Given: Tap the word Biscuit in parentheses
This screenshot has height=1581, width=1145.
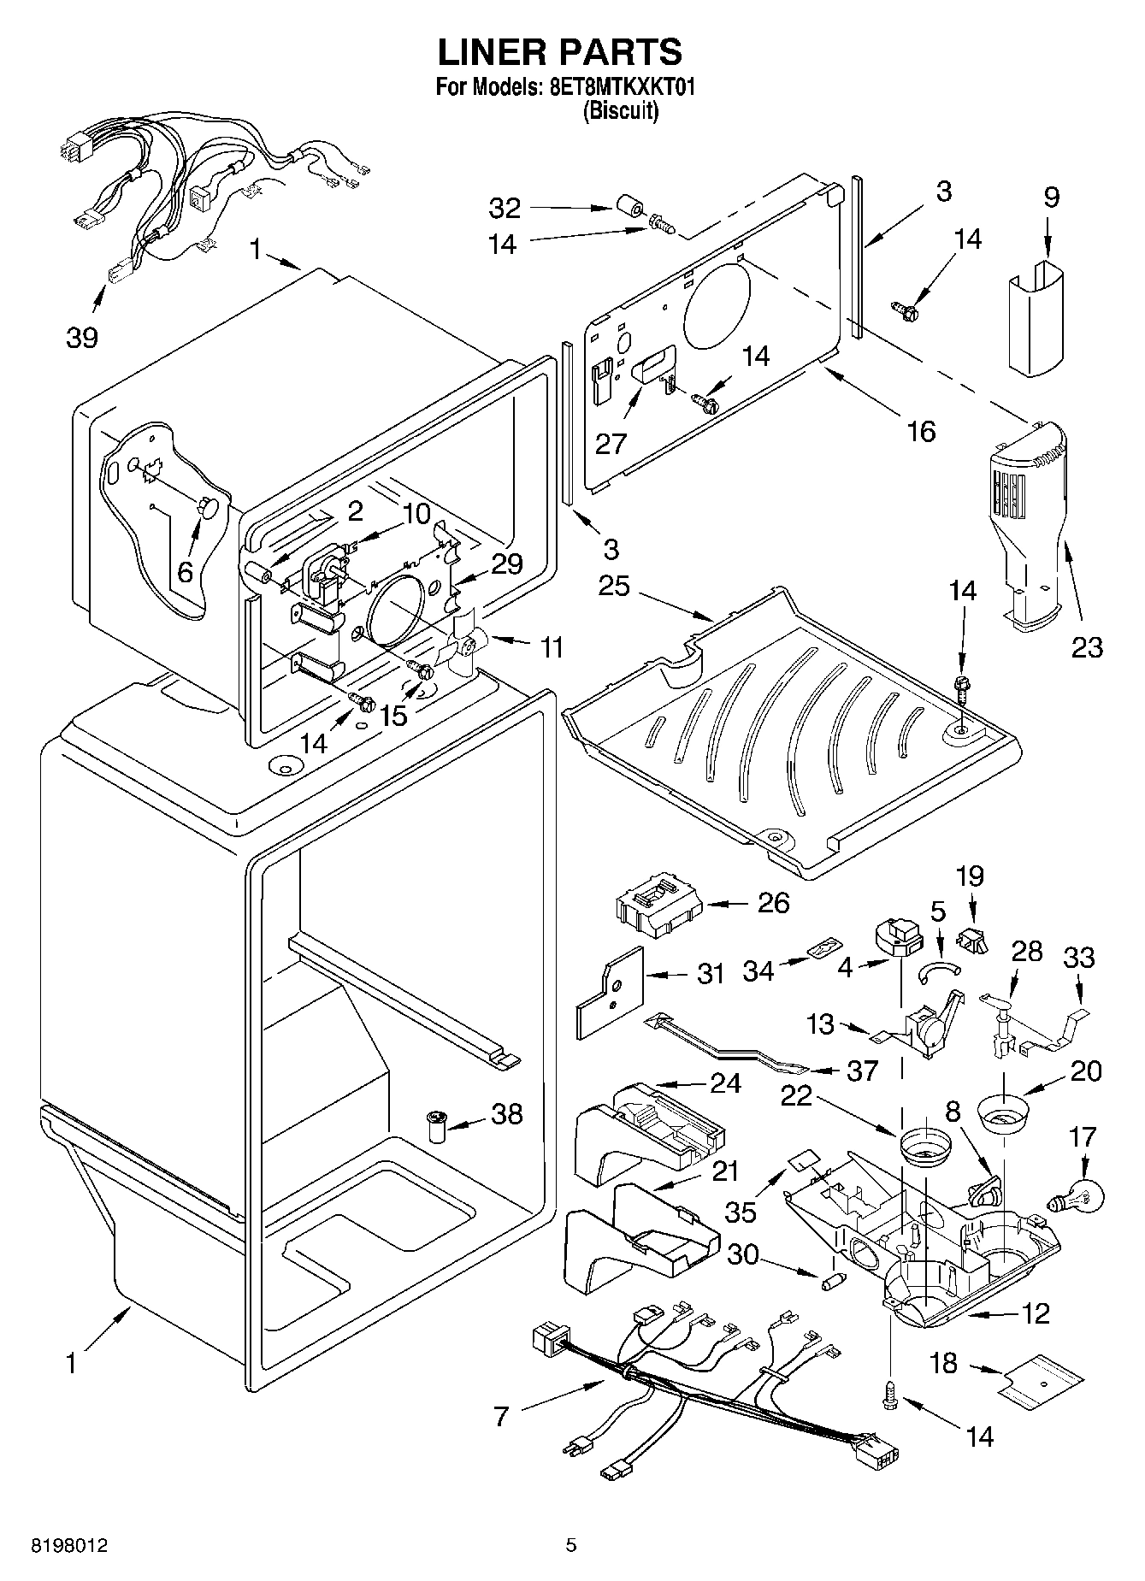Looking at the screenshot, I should (620, 111).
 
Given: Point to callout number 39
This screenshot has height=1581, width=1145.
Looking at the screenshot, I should (83, 338).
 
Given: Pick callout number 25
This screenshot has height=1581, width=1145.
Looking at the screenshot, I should (614, 587).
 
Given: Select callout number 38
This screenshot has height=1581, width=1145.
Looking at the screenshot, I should (507, 1113).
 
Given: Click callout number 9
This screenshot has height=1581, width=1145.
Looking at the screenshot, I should (1051, 197).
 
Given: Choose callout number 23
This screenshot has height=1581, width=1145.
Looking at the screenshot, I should (1087, 648).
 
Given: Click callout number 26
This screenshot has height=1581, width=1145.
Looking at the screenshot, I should (774, 903).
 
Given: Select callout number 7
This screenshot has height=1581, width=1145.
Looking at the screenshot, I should (502, 1417).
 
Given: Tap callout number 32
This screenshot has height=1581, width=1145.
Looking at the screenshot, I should (505, 208).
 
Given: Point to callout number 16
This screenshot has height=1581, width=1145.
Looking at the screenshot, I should (921, 432).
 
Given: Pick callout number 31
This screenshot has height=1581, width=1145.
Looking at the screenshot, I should (711, 974).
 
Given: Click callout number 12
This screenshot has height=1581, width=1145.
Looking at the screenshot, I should (1035, 1313).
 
